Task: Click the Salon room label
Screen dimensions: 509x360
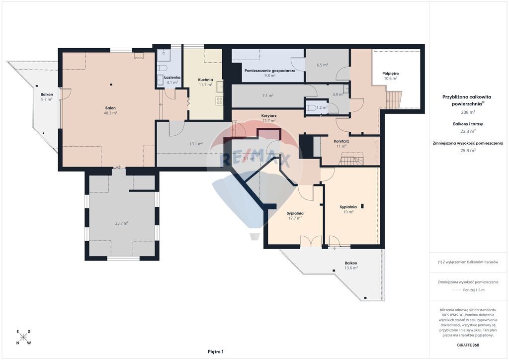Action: pos(110,108)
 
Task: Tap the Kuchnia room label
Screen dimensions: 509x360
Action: pos(205,80)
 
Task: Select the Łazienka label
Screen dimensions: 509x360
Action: pos(172,78)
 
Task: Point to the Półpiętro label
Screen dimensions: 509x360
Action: pos(391,74)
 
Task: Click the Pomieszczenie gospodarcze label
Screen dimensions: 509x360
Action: pos(270,71)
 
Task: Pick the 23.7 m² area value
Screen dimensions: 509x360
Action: pos(122,223)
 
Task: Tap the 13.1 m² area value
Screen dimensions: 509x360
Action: pos(196,144)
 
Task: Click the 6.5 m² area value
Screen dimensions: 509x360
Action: pos(322,65)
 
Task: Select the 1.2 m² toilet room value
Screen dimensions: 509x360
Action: pos(322,107)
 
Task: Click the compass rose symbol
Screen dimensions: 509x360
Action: pos(23,337)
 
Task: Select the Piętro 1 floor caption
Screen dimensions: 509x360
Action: pos(216,352)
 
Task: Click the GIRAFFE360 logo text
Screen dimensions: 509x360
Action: pos(468,345)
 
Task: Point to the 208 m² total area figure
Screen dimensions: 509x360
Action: pos(468,112)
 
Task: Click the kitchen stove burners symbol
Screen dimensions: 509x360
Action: pos(219,101)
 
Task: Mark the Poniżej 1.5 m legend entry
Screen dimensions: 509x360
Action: pos(474,290)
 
